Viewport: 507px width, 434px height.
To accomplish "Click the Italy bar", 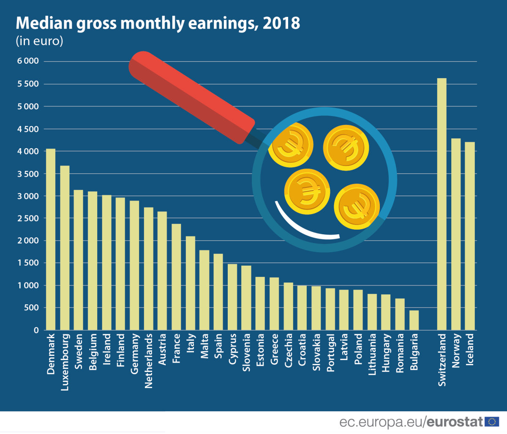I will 190,283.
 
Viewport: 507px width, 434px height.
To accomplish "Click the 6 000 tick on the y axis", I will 28,61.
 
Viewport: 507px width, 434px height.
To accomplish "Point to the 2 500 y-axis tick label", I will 28,218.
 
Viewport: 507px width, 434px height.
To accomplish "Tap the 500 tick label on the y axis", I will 30,308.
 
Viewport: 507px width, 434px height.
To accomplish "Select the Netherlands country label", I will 148,361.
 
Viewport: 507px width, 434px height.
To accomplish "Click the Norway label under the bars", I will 456,350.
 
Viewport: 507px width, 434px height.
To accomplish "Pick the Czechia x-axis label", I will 289,350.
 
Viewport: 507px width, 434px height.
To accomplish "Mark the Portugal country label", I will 330,353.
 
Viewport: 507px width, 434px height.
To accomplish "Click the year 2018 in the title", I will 281,23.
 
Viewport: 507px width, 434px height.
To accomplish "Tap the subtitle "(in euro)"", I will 39,41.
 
